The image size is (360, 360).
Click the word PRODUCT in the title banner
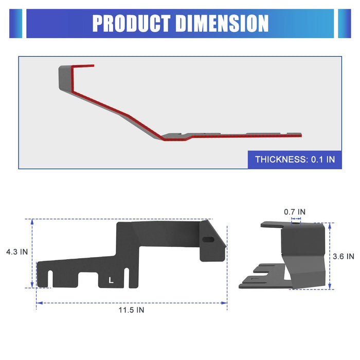(131, 23)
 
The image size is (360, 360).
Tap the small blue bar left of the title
(15, 23)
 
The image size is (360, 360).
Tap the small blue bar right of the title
(344, 23)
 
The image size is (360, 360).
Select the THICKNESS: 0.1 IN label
(295, 159)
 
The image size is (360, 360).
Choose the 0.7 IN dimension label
(295, 211)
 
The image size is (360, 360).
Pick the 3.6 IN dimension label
(343, 256)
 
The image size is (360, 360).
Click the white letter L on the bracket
(111, 280)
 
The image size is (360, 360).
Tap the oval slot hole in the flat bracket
(208, 240)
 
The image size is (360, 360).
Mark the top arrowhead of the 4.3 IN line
(32, 222)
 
